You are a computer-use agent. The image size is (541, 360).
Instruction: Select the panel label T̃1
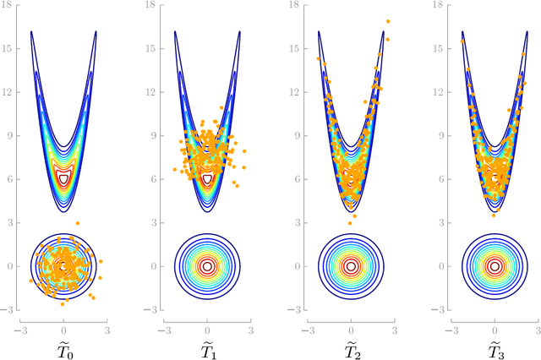click(208, 346)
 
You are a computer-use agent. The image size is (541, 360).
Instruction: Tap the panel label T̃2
click(352, 346)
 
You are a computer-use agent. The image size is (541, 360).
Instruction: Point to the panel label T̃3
click(495, 346)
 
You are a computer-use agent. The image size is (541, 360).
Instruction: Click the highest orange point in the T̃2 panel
click(388, 21)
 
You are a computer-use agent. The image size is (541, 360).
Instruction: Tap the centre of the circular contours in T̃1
click(208, 266)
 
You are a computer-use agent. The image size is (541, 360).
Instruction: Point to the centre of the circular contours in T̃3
click(495, 266)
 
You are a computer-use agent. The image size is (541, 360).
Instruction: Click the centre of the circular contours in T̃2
click(352, 266)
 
